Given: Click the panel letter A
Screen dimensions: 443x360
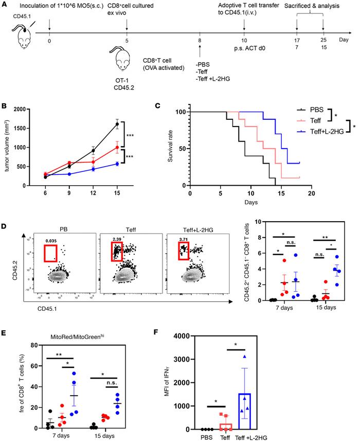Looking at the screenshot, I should [5, 5].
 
